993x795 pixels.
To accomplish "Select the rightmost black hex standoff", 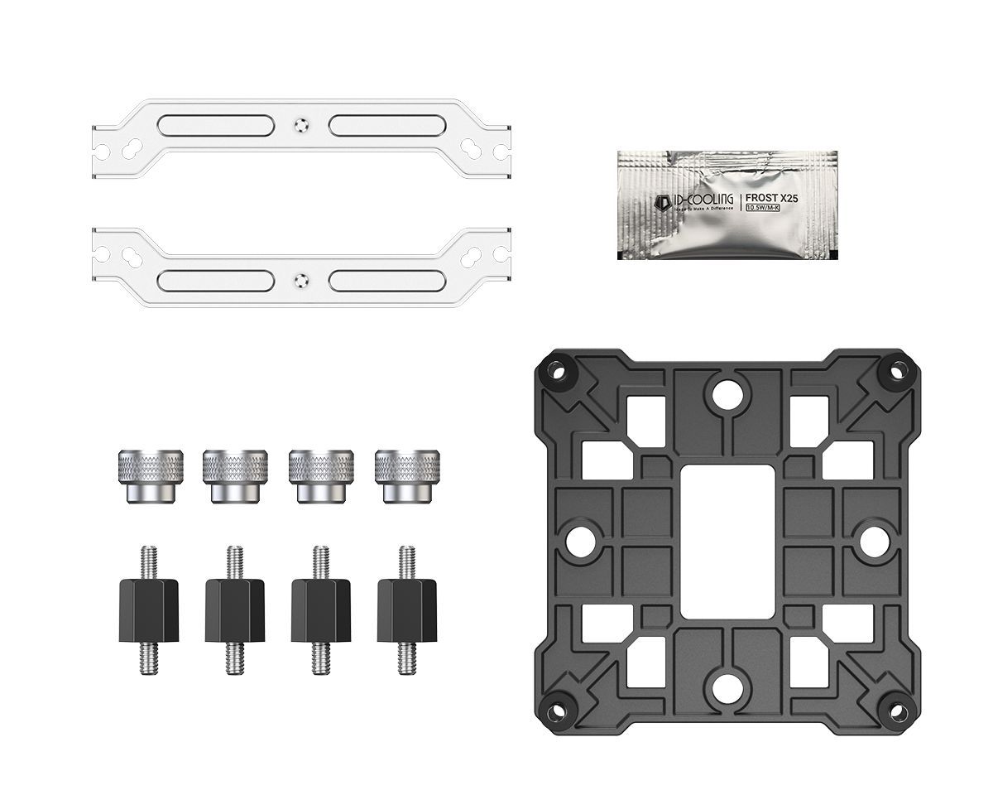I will click(406, 609).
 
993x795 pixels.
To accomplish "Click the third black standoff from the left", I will click(321, 609).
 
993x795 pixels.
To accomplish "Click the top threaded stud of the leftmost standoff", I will click(150, 561).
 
